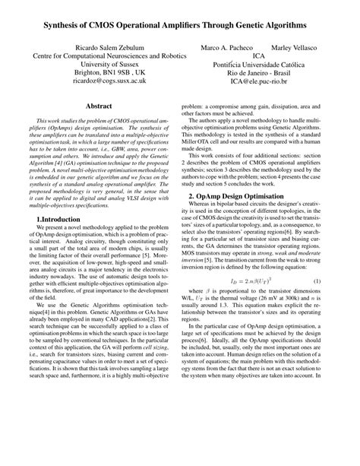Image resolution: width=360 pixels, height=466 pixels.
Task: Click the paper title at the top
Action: pyautogui.click(x=180, y=25)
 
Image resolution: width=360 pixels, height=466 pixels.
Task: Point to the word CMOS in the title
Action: pyautogui.click(x=103, y=25)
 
